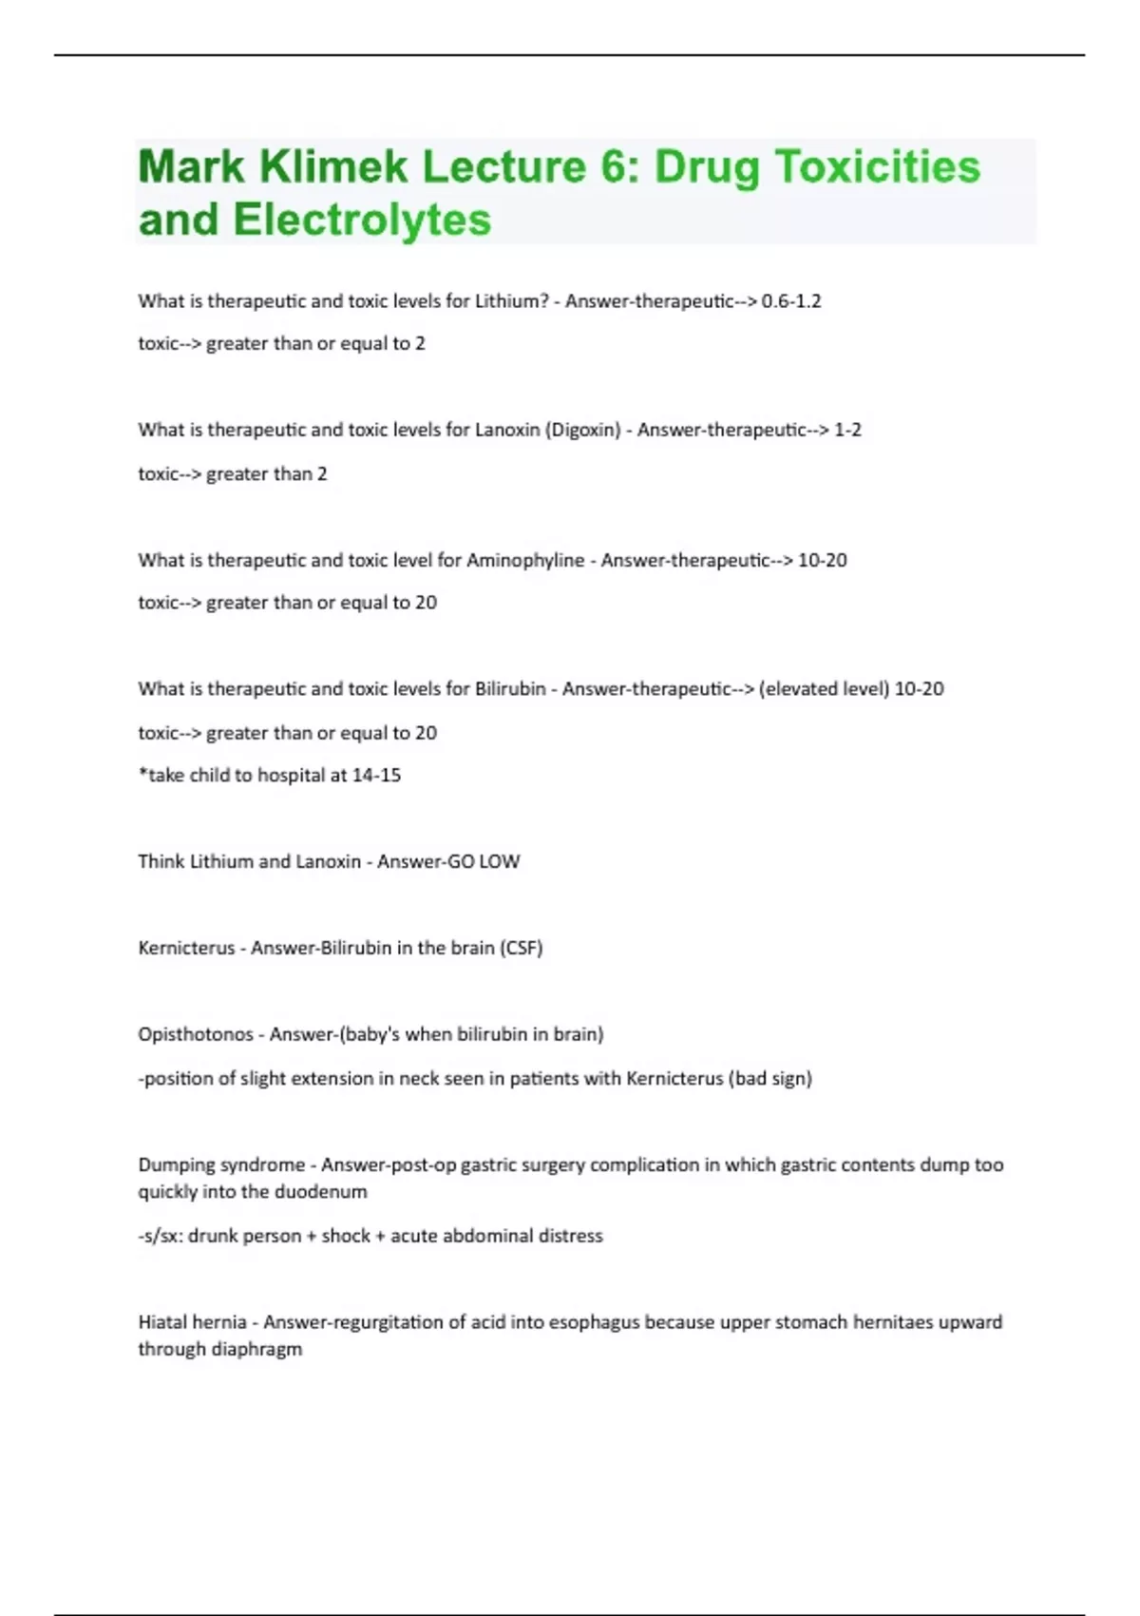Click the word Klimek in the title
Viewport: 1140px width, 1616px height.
tap(332, 167)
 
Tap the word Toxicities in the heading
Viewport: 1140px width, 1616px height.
tap(878, 167)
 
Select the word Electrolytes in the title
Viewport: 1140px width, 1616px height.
tap(362, 221)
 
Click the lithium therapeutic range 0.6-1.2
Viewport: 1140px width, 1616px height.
tap(791, 301)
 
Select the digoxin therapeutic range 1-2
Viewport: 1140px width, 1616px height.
tap(847, 430)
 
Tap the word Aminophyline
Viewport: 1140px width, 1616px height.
tap(525, 560)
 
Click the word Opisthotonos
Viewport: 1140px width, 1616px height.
tap(196, 1034)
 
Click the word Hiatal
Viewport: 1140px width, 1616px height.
tap(164, 1322)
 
